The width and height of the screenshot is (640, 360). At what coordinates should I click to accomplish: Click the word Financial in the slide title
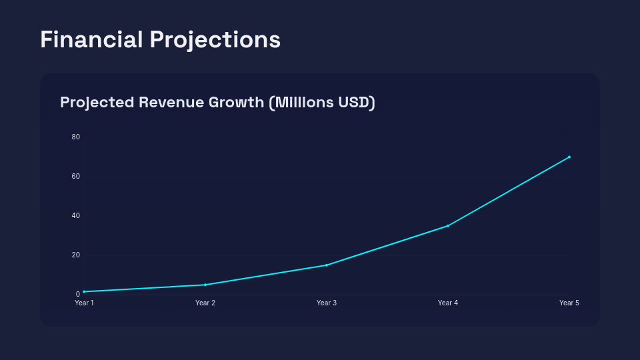[91, 39]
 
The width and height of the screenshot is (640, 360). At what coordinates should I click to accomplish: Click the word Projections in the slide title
[215, 40]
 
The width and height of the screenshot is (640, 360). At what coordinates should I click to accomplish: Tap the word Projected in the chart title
[97, 103]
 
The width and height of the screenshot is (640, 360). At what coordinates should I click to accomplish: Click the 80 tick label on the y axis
[76, 137]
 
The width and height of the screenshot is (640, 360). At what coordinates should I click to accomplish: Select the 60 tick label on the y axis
[76, 177]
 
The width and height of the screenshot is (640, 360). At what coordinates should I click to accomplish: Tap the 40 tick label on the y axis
[76, 216]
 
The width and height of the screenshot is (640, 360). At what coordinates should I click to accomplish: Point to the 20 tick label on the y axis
[76, 255]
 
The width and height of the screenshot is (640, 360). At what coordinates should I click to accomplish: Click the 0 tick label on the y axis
[78, 294]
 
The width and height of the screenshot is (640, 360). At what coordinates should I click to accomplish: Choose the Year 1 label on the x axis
[84, 303]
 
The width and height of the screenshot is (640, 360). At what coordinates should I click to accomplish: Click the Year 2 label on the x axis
[205, 303]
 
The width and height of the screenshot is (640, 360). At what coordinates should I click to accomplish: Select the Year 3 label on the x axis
[327, 303]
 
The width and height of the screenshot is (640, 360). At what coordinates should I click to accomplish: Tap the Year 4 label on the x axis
[448, 303]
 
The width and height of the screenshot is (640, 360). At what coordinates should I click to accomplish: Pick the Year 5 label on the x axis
[569, 303]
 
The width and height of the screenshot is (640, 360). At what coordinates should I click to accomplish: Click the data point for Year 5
[569, 157]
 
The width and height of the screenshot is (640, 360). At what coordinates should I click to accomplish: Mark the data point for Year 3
[327, 265]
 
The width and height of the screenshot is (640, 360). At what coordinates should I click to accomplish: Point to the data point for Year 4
[448, 225]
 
